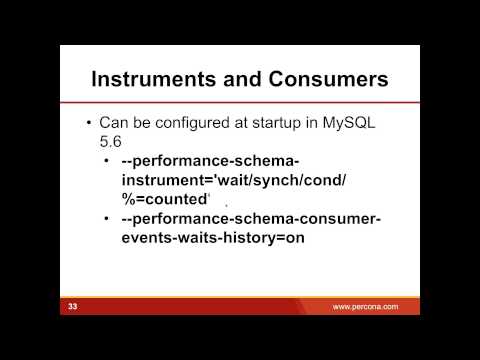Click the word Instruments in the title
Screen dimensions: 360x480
point(153,78)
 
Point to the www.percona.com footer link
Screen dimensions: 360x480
point(365,306)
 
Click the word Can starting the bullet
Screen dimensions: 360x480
point(114,123)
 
